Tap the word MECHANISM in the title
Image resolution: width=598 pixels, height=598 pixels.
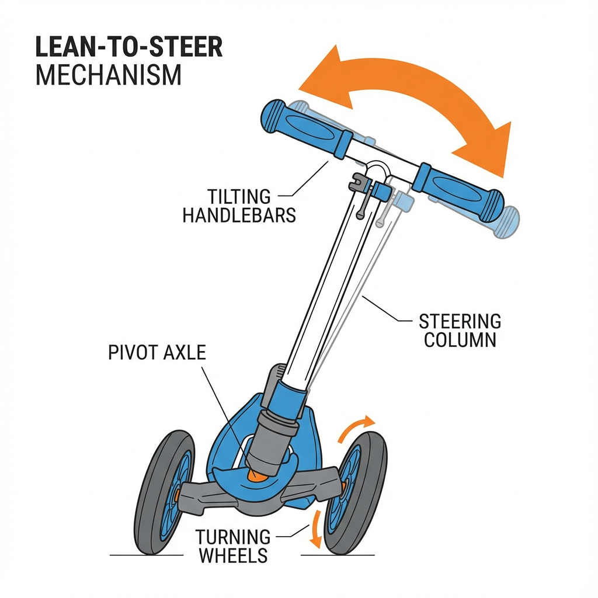(x=109, y=76)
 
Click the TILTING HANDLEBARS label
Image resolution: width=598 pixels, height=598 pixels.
(x=239, y=206)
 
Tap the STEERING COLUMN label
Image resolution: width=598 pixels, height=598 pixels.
(x=460, y=330)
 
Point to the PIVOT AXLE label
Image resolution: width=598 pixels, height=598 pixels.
(x=157, y=353)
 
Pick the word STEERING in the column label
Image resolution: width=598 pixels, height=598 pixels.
(x=460, y=321)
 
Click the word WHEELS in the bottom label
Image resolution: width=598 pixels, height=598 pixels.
(x=233, y=555)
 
